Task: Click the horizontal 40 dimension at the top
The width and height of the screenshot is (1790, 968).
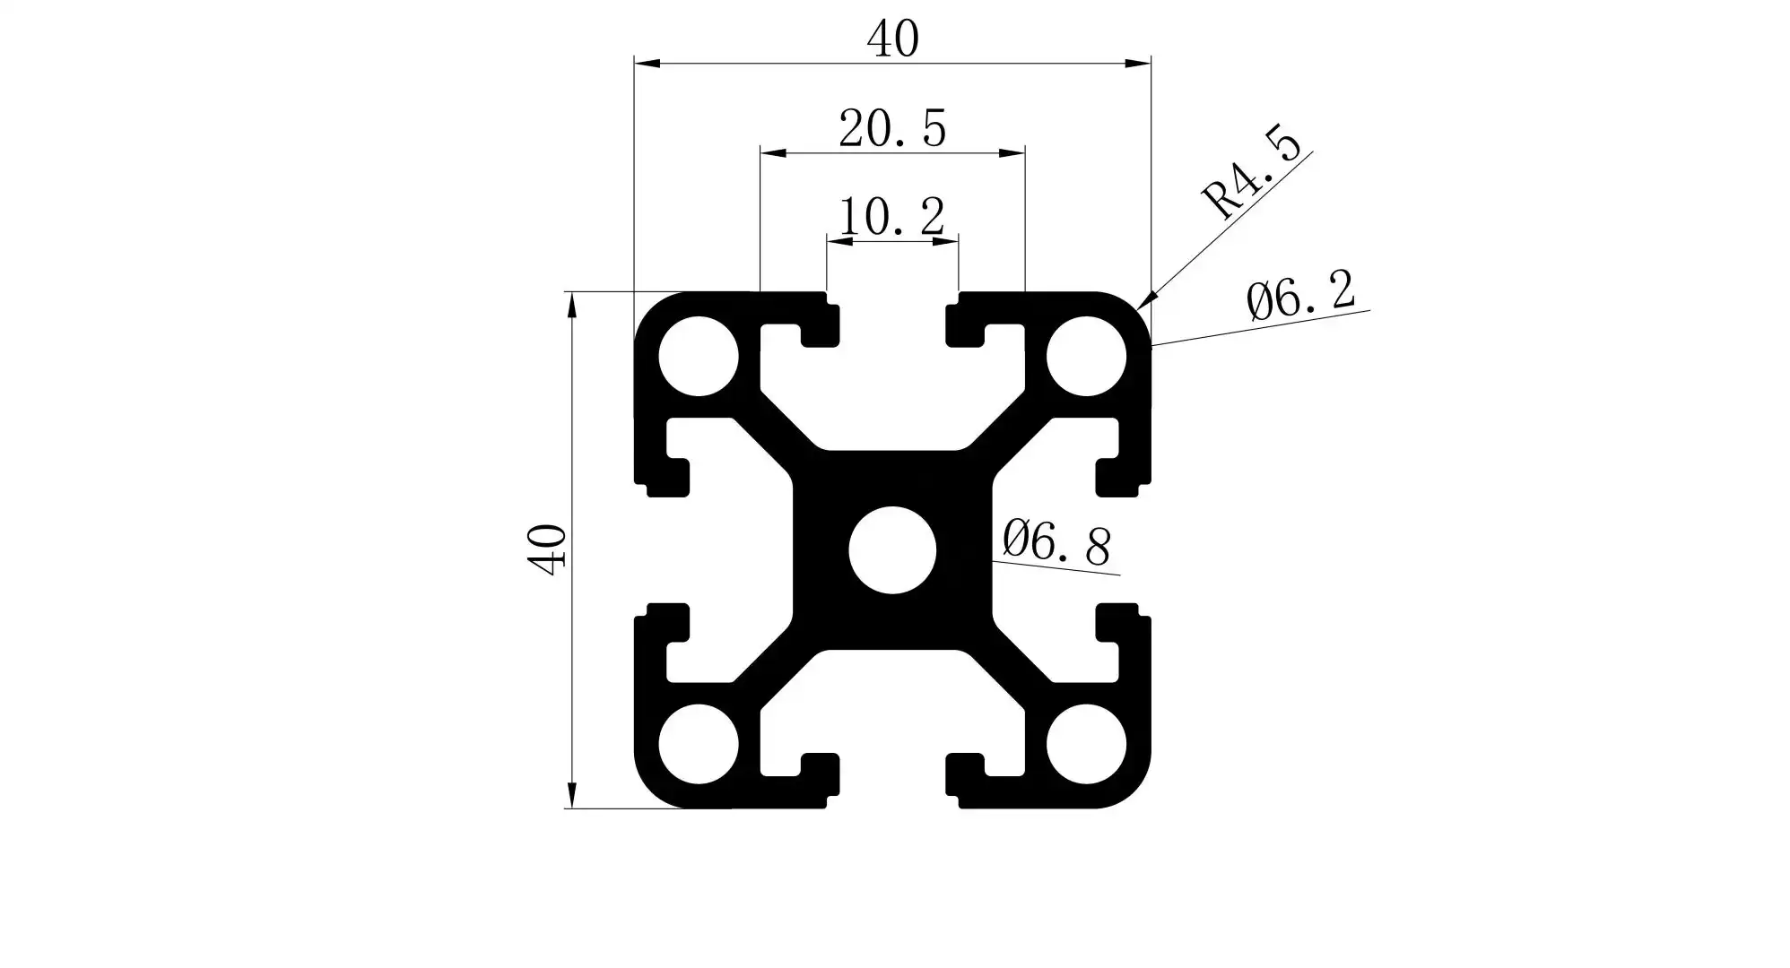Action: click(x=892, y=39)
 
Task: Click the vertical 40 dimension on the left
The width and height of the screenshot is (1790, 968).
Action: click(x=546, y=549)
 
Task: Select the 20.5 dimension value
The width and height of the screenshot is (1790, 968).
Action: click(x=892, y=129)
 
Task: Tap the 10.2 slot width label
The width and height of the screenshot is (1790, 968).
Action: click(x=891, y=217)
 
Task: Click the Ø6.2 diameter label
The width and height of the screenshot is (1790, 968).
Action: click(x=1300, y=294)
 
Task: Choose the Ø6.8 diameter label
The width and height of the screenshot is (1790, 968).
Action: click(x=1056, y=541)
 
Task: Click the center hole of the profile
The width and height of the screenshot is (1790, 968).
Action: click(x=892, y=549)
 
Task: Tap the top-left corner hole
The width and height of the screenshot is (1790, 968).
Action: click(x=699, y=356)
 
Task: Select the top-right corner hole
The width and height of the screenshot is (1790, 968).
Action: click(x=1086, y=356)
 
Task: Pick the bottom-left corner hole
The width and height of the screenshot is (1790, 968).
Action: click(x=699, y=743)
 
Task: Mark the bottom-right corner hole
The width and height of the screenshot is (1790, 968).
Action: click(x=1086, y=743)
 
